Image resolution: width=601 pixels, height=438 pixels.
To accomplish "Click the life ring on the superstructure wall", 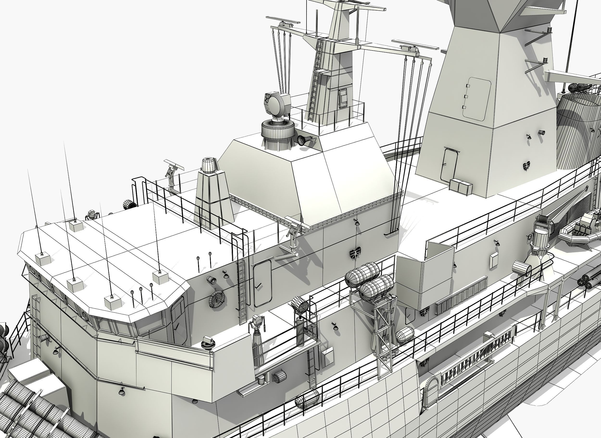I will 217,299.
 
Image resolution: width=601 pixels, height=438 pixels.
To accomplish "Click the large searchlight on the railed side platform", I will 300,306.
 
